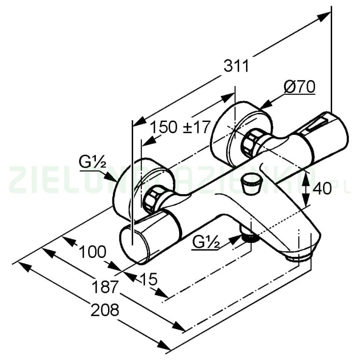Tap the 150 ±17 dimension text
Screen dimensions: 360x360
[180, 127]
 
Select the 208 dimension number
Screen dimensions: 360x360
[105, 309]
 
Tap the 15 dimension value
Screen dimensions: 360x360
[148, 280]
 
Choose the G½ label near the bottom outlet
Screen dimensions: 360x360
[205, 243]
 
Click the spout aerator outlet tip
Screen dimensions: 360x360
[299, 256]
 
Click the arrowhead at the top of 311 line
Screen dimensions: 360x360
[324, 17]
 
